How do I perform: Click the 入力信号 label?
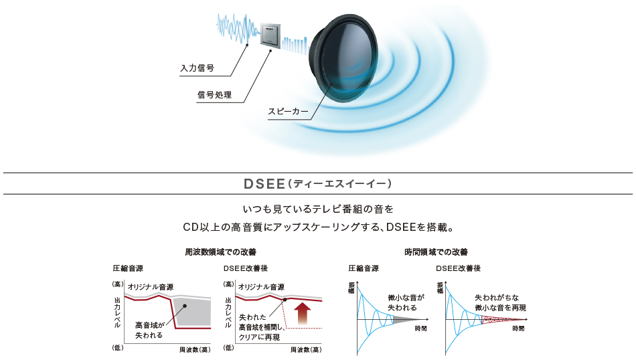197,68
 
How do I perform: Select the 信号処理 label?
214,95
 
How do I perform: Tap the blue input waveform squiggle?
234,26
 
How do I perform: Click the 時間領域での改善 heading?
436,252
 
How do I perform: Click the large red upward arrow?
303,313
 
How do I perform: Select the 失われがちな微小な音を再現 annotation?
500,302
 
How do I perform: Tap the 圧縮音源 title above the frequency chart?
128,268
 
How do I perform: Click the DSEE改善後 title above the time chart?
458,268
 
